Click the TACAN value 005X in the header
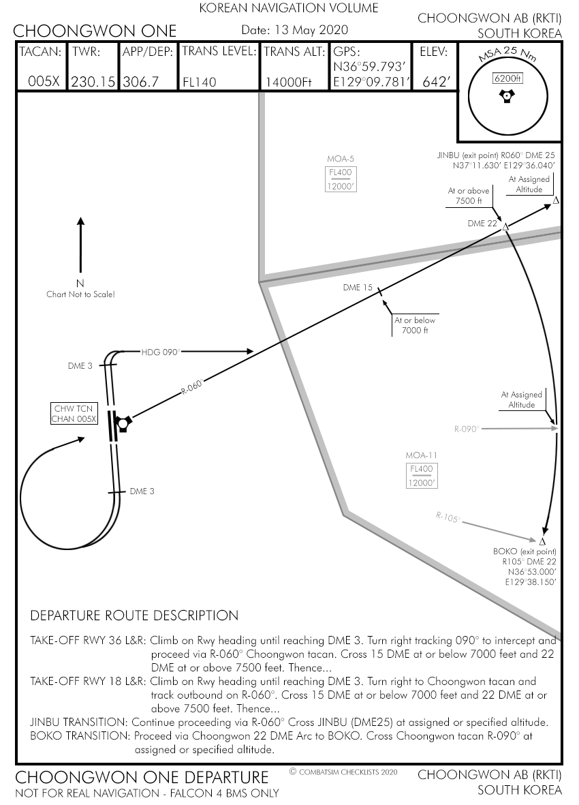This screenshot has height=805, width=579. (44, 82)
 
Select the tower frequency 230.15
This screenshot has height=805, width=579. (93, 82)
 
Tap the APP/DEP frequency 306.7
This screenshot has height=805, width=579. (140, 82)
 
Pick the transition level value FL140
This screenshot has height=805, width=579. (200, 82)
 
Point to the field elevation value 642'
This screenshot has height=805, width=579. (437, 82)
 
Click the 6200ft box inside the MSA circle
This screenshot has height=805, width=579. (507, 78)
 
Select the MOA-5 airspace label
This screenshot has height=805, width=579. (341, 159)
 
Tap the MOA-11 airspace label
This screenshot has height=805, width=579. (421, 455)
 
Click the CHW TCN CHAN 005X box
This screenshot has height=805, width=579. (74, 414)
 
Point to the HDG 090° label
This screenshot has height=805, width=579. (160, 352)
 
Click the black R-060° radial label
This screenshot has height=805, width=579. (192, 386)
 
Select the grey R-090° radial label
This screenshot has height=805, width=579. (467, 429)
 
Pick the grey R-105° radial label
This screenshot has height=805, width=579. (448, 517)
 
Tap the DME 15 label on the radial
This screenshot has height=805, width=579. (358, 288)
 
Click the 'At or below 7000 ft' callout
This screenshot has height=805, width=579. (414, 325)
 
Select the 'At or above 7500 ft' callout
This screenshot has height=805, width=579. (469, 196)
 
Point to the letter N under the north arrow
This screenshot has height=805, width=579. (80, 284)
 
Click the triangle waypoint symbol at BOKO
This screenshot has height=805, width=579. (543, 541)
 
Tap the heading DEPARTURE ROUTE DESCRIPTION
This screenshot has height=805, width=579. (134, 616)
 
